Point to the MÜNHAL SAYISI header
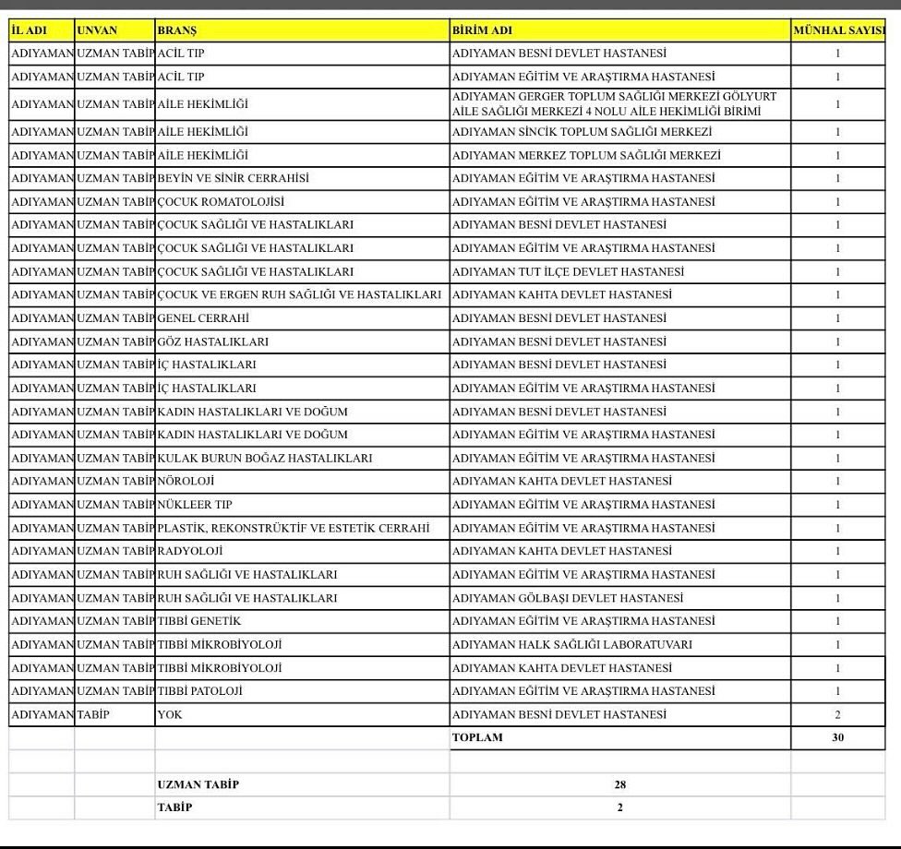(x=838, y=30)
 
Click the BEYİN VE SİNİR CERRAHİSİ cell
(x=234, y=178)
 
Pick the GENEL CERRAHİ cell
(x=204, y=318)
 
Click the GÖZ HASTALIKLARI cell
(x=213, y=341)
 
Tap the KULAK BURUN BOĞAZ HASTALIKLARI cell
(x=265, y=458)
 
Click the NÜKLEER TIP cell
(x=196, y=505)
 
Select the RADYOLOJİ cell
(x=191, y=551)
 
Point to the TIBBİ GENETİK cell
(x=199, y=621)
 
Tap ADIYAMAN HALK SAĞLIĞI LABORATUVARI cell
(x=571, y=644)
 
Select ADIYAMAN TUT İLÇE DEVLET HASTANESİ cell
(x=568, y=271)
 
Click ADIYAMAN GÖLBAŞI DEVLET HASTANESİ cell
(x=568, y=598)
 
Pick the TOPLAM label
(x=477, y=737)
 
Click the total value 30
(x=837, y=737)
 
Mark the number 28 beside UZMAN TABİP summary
(x=619, y=784)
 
